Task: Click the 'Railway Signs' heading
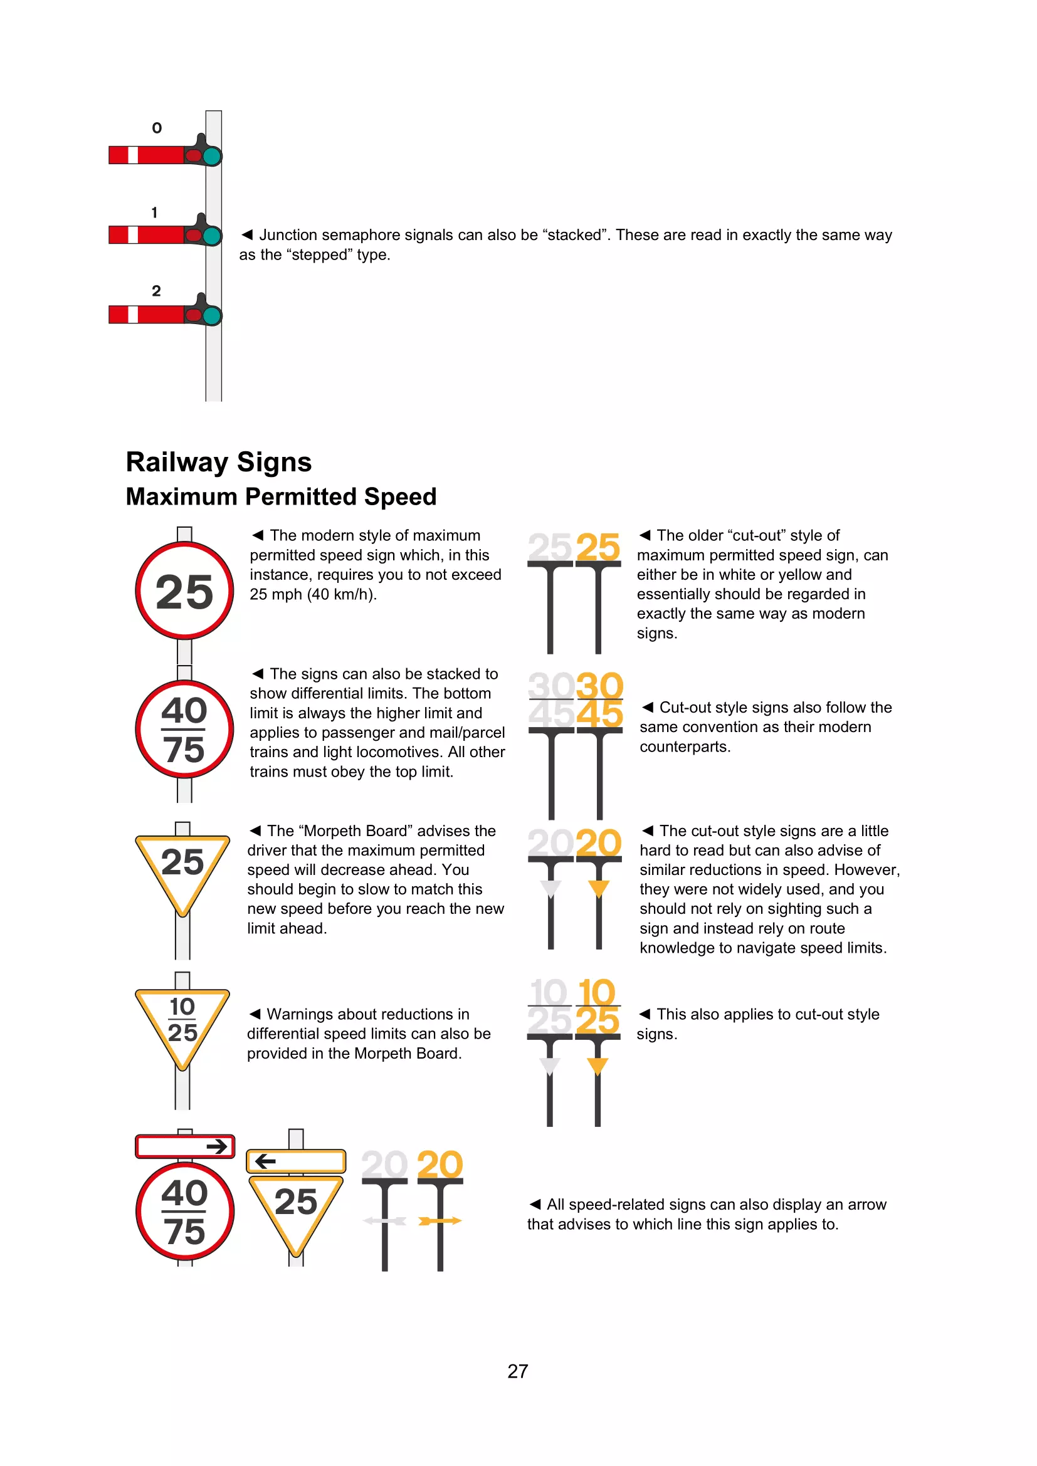click(x=218, y=463)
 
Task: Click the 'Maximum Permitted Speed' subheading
click(x=281, y=497)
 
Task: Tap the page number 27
click(x=518, y=1371)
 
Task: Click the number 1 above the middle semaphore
click(x=154, y=212)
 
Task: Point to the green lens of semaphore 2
click(x=212, y=315)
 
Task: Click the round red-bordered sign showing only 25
click(x=184, y=590)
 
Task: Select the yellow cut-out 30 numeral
click(x=599, y=686)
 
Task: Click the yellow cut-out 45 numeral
click(x=599, y=714)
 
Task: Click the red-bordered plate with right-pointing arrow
click(x=185, y=1147)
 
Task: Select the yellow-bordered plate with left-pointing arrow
click(x=296, y=1161)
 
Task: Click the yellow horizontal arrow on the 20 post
click(x=440, y=1221)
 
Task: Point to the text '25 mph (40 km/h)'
click(x=313, y=594)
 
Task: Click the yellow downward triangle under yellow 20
click(x=598, y=888)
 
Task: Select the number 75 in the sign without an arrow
click(x=184, y=750)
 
